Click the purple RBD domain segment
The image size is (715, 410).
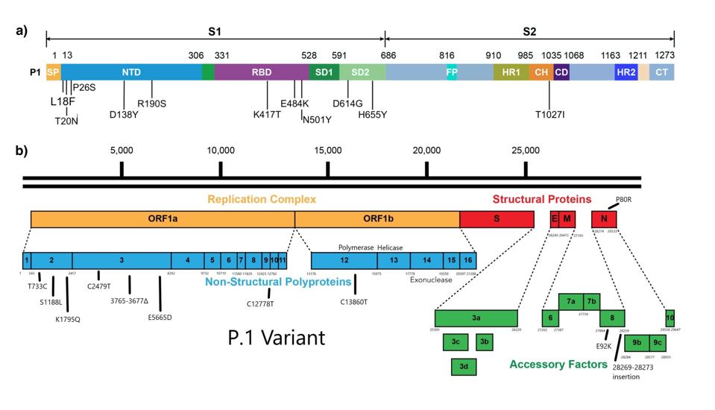[x=261, y=72]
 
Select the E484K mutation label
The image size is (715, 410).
[x=294, y=104]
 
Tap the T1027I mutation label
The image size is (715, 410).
[x=550, y=114]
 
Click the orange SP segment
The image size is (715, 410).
[x=54, y=72]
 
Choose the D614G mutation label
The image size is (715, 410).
[x=347, y=104]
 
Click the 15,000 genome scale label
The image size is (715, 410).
[x=328, y=150]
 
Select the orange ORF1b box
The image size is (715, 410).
[x=377, y=218]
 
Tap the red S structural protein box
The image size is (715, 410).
[x=497, y=218]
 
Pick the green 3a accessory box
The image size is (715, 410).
[x=476, y=318]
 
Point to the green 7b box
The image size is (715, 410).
[x=592, y=301]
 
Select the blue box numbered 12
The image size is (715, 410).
[x=344, y=260]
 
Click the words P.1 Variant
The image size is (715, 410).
[x=276, y=338]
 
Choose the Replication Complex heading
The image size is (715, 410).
[x=262, y=199]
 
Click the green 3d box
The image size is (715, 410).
[x=464, y=366]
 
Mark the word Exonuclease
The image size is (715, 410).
[x=430, y=280]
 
